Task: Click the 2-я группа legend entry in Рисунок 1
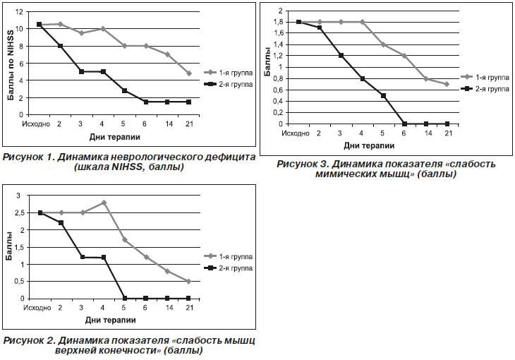[x=229, y=85]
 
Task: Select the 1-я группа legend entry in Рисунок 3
[x=485, y=77]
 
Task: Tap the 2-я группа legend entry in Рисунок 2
[x=229, y=268]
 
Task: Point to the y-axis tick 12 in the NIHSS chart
[x=19, y=12]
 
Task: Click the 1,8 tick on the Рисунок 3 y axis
[x=278, y=22]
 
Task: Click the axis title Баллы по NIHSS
[x=11, y=65]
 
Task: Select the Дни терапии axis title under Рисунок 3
[x=369, y=145]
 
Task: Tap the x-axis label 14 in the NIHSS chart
[x=169, y=124]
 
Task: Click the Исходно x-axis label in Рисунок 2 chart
[x=37, y=308]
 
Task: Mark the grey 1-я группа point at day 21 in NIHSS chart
[x=189, y=73]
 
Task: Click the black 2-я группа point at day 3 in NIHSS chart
[x=81, y=71]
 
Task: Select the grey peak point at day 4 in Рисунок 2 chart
[x=104, y=203]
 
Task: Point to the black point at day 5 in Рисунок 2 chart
[x=125, y=298]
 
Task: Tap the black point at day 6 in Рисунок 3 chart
[x=405, y=124]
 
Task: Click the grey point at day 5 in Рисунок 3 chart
[x=383, y=44]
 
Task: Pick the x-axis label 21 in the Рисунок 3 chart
[x=448, y=133]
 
